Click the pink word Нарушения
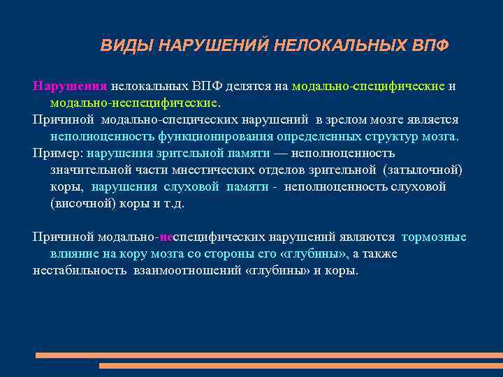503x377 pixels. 69,86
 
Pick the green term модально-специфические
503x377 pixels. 368,86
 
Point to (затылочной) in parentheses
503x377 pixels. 423,170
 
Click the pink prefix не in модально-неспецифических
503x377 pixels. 166,237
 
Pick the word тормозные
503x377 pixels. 434,237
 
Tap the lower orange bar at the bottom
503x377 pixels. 300,365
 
